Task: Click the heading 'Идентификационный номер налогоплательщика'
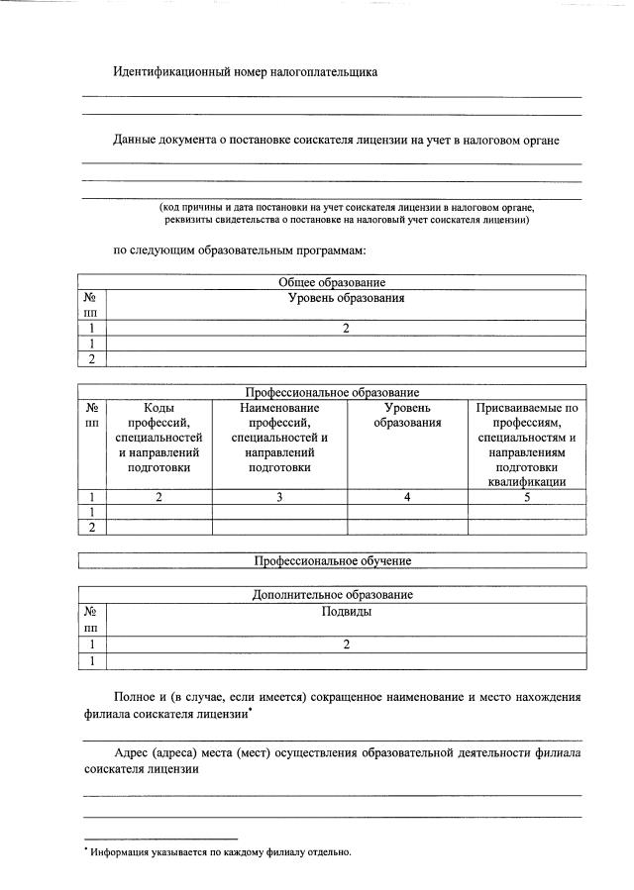[x=245, y=72]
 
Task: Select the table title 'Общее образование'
[x=332, y=283]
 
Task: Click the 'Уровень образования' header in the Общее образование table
[x=347, y=298]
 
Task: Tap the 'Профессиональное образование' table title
[x=332, y=393]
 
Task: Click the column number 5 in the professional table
[x=527, y=498]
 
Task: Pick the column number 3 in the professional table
[x=279, y=498]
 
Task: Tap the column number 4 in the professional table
[x=407, y=498]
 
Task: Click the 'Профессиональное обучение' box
[x=332, y=561]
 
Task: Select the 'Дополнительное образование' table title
[x=332, y=595]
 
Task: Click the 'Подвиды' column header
[x=347, y=612]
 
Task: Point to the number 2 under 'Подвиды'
[x=347, y=644]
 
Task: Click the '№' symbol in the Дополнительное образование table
[x=91, y=612]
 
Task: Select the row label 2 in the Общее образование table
[x=91, y=359]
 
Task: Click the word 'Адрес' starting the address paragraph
[x=134, y=753]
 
